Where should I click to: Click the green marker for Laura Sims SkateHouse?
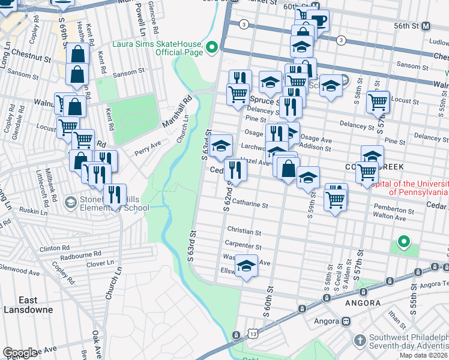click(211, 47)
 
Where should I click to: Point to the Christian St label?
click(244, 232)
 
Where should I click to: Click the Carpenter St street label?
click(243, 246)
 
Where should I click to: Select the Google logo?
click(20, 353)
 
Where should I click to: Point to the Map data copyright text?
click(423, 355)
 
